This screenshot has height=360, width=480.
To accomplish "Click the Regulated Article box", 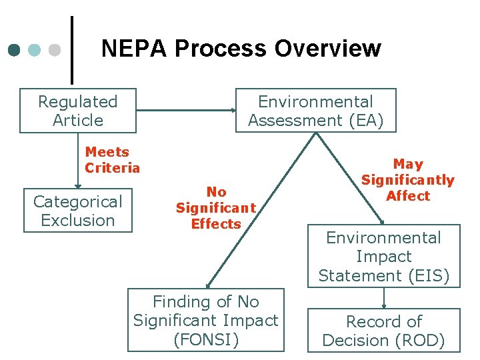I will point(78,111).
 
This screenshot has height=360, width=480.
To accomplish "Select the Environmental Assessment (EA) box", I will point(316,111).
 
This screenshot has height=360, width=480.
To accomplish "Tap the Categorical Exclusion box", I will point(78,211).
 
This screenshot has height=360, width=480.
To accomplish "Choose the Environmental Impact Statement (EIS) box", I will point(384,257).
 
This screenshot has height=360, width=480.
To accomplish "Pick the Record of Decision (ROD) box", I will point(384,331).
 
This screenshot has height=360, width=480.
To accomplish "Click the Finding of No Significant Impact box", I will point(206,320).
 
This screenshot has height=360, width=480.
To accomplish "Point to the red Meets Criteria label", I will point(112,160).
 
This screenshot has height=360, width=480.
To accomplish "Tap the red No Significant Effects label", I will point(215,208).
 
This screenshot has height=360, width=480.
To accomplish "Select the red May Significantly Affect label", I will point(407,180).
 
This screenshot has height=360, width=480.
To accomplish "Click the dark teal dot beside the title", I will point(15,50).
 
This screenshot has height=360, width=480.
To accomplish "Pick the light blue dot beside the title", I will point(35,50).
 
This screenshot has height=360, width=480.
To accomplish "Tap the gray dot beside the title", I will point(55,50).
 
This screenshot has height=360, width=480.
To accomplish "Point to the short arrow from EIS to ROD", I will point(384,297).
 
